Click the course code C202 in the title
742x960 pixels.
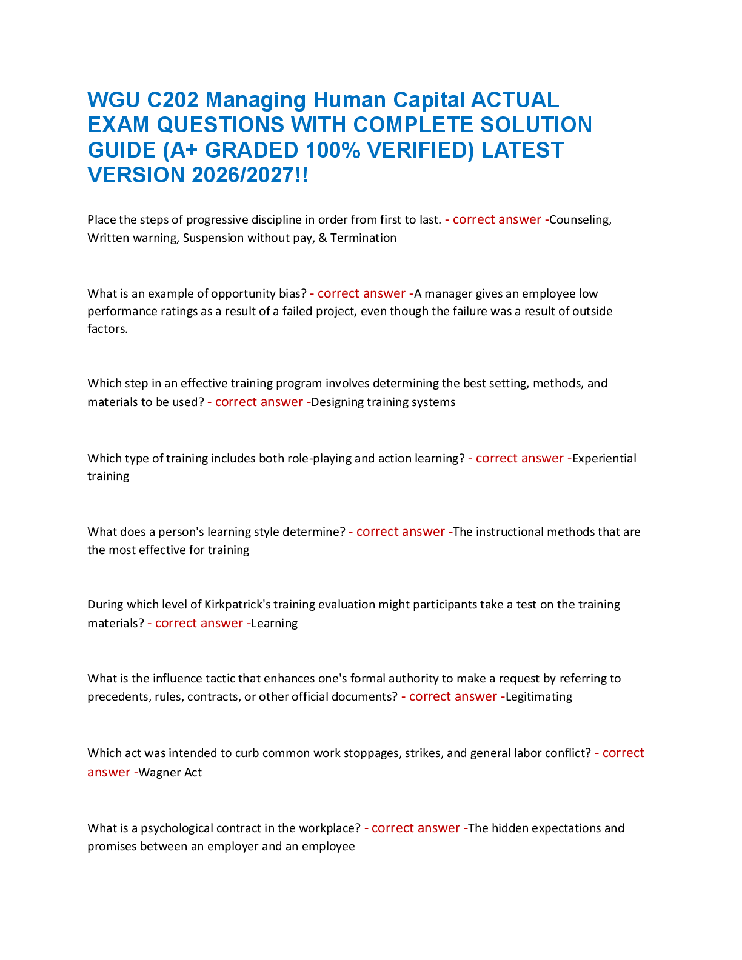(x=172, y=100)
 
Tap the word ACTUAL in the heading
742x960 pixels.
(x=515, y=100)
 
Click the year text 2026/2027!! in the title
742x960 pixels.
(x=250, y=175)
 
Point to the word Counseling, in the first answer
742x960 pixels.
(x=580, y=220)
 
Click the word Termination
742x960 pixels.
(x=363, y=238)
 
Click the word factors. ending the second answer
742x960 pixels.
(x=107, y=328)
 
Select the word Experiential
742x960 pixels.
(x=604, y=459)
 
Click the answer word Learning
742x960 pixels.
(x=275, y=624)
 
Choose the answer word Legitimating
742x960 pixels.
(x=539, y=697)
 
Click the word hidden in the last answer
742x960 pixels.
(x=510, y=828)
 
